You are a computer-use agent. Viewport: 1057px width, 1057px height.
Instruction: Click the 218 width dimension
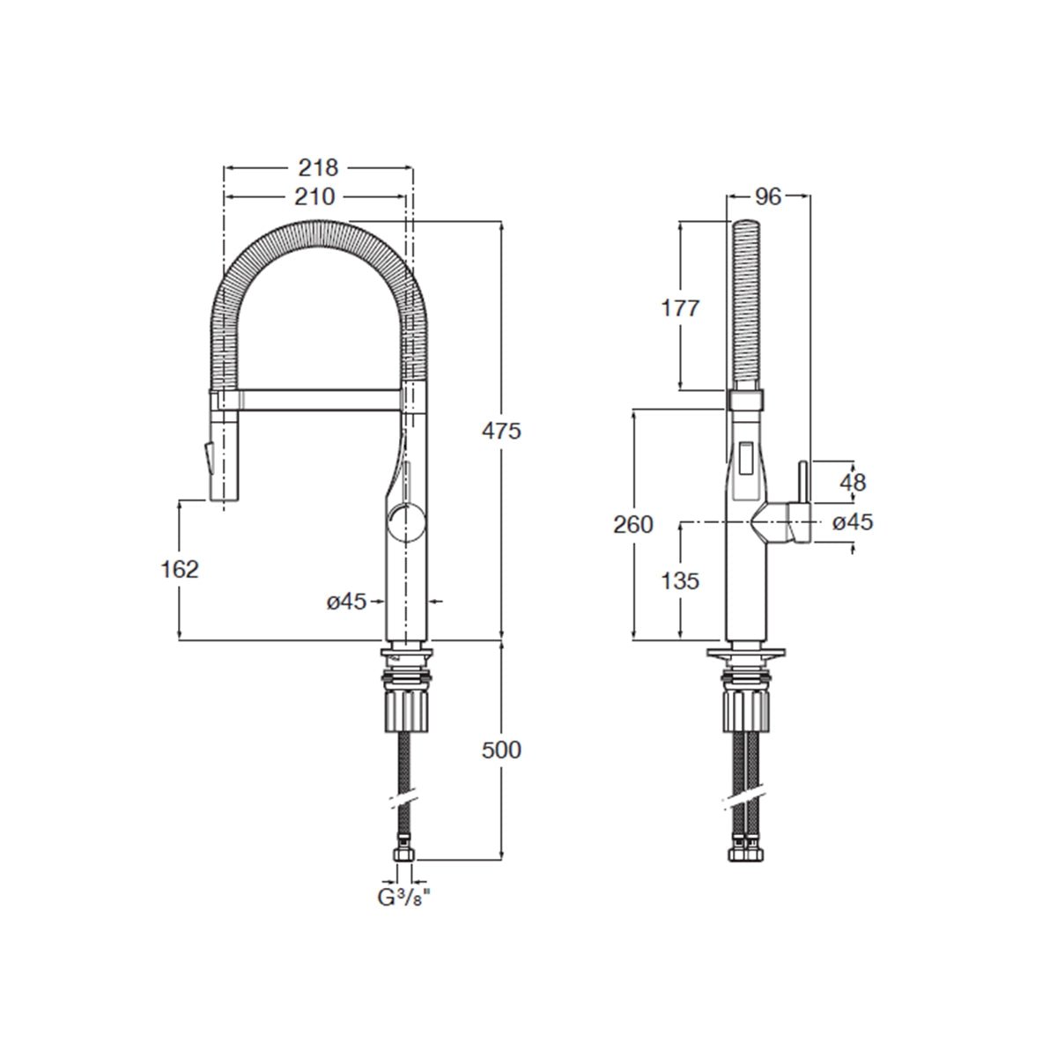[318, 167]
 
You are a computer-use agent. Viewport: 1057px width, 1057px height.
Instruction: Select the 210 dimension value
[314, 197]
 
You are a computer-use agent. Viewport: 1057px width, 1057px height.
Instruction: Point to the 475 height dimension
[502, 431]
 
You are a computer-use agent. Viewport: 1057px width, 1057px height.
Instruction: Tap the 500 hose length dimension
[502, 750]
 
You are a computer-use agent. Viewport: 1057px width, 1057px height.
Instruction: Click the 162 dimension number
[180, 569]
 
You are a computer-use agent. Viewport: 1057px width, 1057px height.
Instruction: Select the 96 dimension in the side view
[768, 196]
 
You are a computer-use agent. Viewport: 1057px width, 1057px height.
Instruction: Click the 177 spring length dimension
[680, 307]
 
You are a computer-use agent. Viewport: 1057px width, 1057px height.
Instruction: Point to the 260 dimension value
[634, 524]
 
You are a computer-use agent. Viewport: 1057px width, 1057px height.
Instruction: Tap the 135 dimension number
[680, 580]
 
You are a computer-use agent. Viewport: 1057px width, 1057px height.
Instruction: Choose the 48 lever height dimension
[853, 482]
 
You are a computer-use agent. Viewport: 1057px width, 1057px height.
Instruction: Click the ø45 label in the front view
[346, 602]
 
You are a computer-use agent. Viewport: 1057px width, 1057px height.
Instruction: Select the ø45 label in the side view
[852, 522]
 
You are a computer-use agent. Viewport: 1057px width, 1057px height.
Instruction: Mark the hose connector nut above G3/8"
[406, 854]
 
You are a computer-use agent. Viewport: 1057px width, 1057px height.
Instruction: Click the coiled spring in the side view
[747, 304]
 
